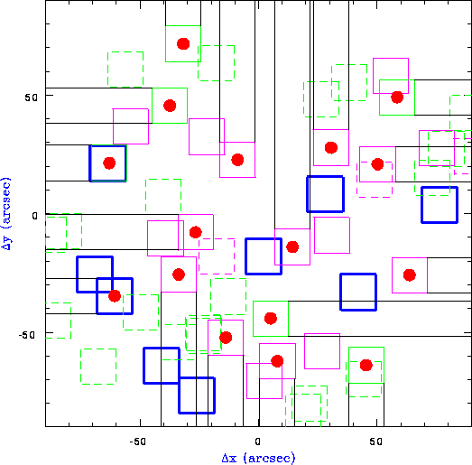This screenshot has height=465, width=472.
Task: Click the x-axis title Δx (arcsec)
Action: click(x=259, y=458)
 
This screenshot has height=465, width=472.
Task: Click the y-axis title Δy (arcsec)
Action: click(x=6, y=214)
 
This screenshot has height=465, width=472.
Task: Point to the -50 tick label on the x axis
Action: click(x=137, y=442)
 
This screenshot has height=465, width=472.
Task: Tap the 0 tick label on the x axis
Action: click(x=257, y=442)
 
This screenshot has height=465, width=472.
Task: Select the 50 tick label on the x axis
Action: click(x=375, y=442)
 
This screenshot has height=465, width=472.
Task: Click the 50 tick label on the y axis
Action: click(x=32, y=98)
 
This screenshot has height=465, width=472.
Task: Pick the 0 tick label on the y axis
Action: click(x=35, y=216)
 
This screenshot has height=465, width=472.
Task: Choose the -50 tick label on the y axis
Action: click(x=27, y=335)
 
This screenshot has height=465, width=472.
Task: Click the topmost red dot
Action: click(x=183, y=44)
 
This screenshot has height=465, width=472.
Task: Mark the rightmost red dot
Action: click(x=410, y=275)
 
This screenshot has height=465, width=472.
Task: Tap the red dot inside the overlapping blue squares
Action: click(x=115, y=296)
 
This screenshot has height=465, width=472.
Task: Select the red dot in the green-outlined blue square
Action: click(x=109, y=163)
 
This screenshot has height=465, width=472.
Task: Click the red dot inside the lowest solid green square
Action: click(x=366, y=365)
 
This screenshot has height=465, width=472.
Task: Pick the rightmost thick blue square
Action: click(x=421, y=205)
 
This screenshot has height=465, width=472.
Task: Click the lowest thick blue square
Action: click(x=179, y=395)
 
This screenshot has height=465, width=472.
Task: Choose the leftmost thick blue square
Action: click(x=77, y=274)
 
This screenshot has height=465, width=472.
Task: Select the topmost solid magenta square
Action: click(x=373, y=76)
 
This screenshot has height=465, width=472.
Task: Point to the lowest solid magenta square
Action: click(x=246, y=381)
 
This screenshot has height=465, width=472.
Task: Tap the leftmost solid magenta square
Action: click(x=113, y=126)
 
